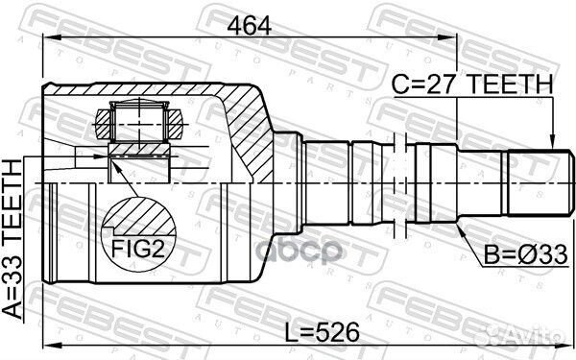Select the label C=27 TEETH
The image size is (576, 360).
pos(471,85)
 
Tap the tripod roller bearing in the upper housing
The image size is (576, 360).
pos(139,125)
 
